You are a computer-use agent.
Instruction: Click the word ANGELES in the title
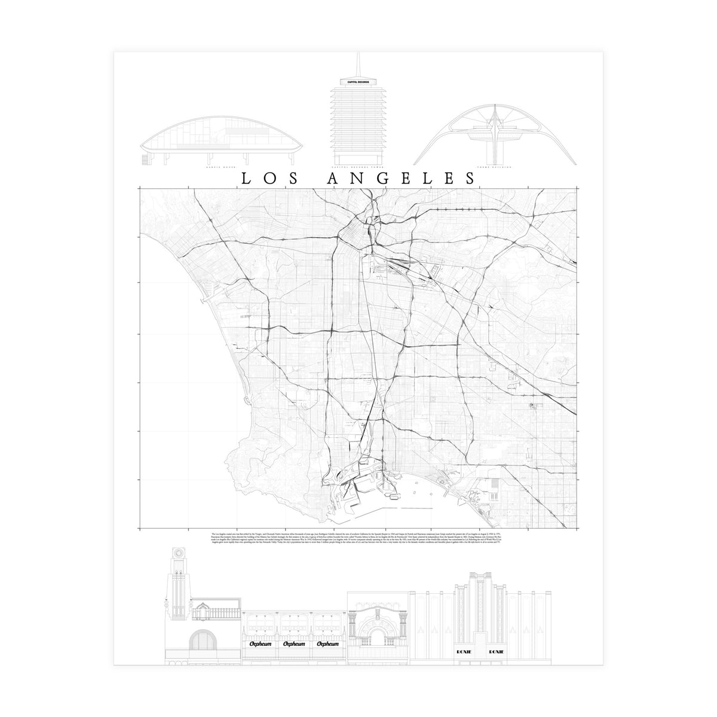(401, 178)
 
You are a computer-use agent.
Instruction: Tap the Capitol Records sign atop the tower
(357, 81)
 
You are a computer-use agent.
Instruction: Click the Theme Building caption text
(498, 168)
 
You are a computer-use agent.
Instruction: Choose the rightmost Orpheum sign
(328, 644)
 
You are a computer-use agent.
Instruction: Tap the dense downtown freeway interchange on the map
(353, 230)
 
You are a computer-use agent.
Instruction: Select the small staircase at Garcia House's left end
(145, 160)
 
